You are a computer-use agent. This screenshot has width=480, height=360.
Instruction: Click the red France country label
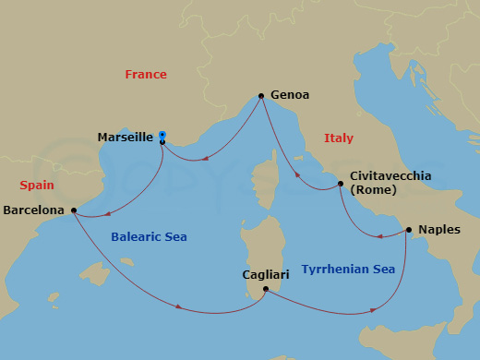(x=146, y=75)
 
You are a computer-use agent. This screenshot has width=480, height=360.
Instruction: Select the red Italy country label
(x=339, y=138)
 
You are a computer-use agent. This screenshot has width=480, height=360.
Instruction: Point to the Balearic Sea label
(x=149, y=237)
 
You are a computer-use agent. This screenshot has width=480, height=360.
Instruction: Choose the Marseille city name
(x=125, y=138)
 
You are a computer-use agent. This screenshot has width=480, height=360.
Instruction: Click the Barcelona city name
(x=34, y=210)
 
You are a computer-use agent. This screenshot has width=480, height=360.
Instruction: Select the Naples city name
(x=439, y=229)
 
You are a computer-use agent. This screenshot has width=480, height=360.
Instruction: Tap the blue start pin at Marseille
(x=162, y=135)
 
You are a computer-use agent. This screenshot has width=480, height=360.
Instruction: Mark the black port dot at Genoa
(x=262, y=95)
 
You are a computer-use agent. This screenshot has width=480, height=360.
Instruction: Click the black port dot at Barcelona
(x=74, y=210)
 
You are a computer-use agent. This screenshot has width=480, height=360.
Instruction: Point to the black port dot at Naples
(x=408, y=230)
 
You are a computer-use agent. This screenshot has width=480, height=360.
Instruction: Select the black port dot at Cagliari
(x=265, y=289)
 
